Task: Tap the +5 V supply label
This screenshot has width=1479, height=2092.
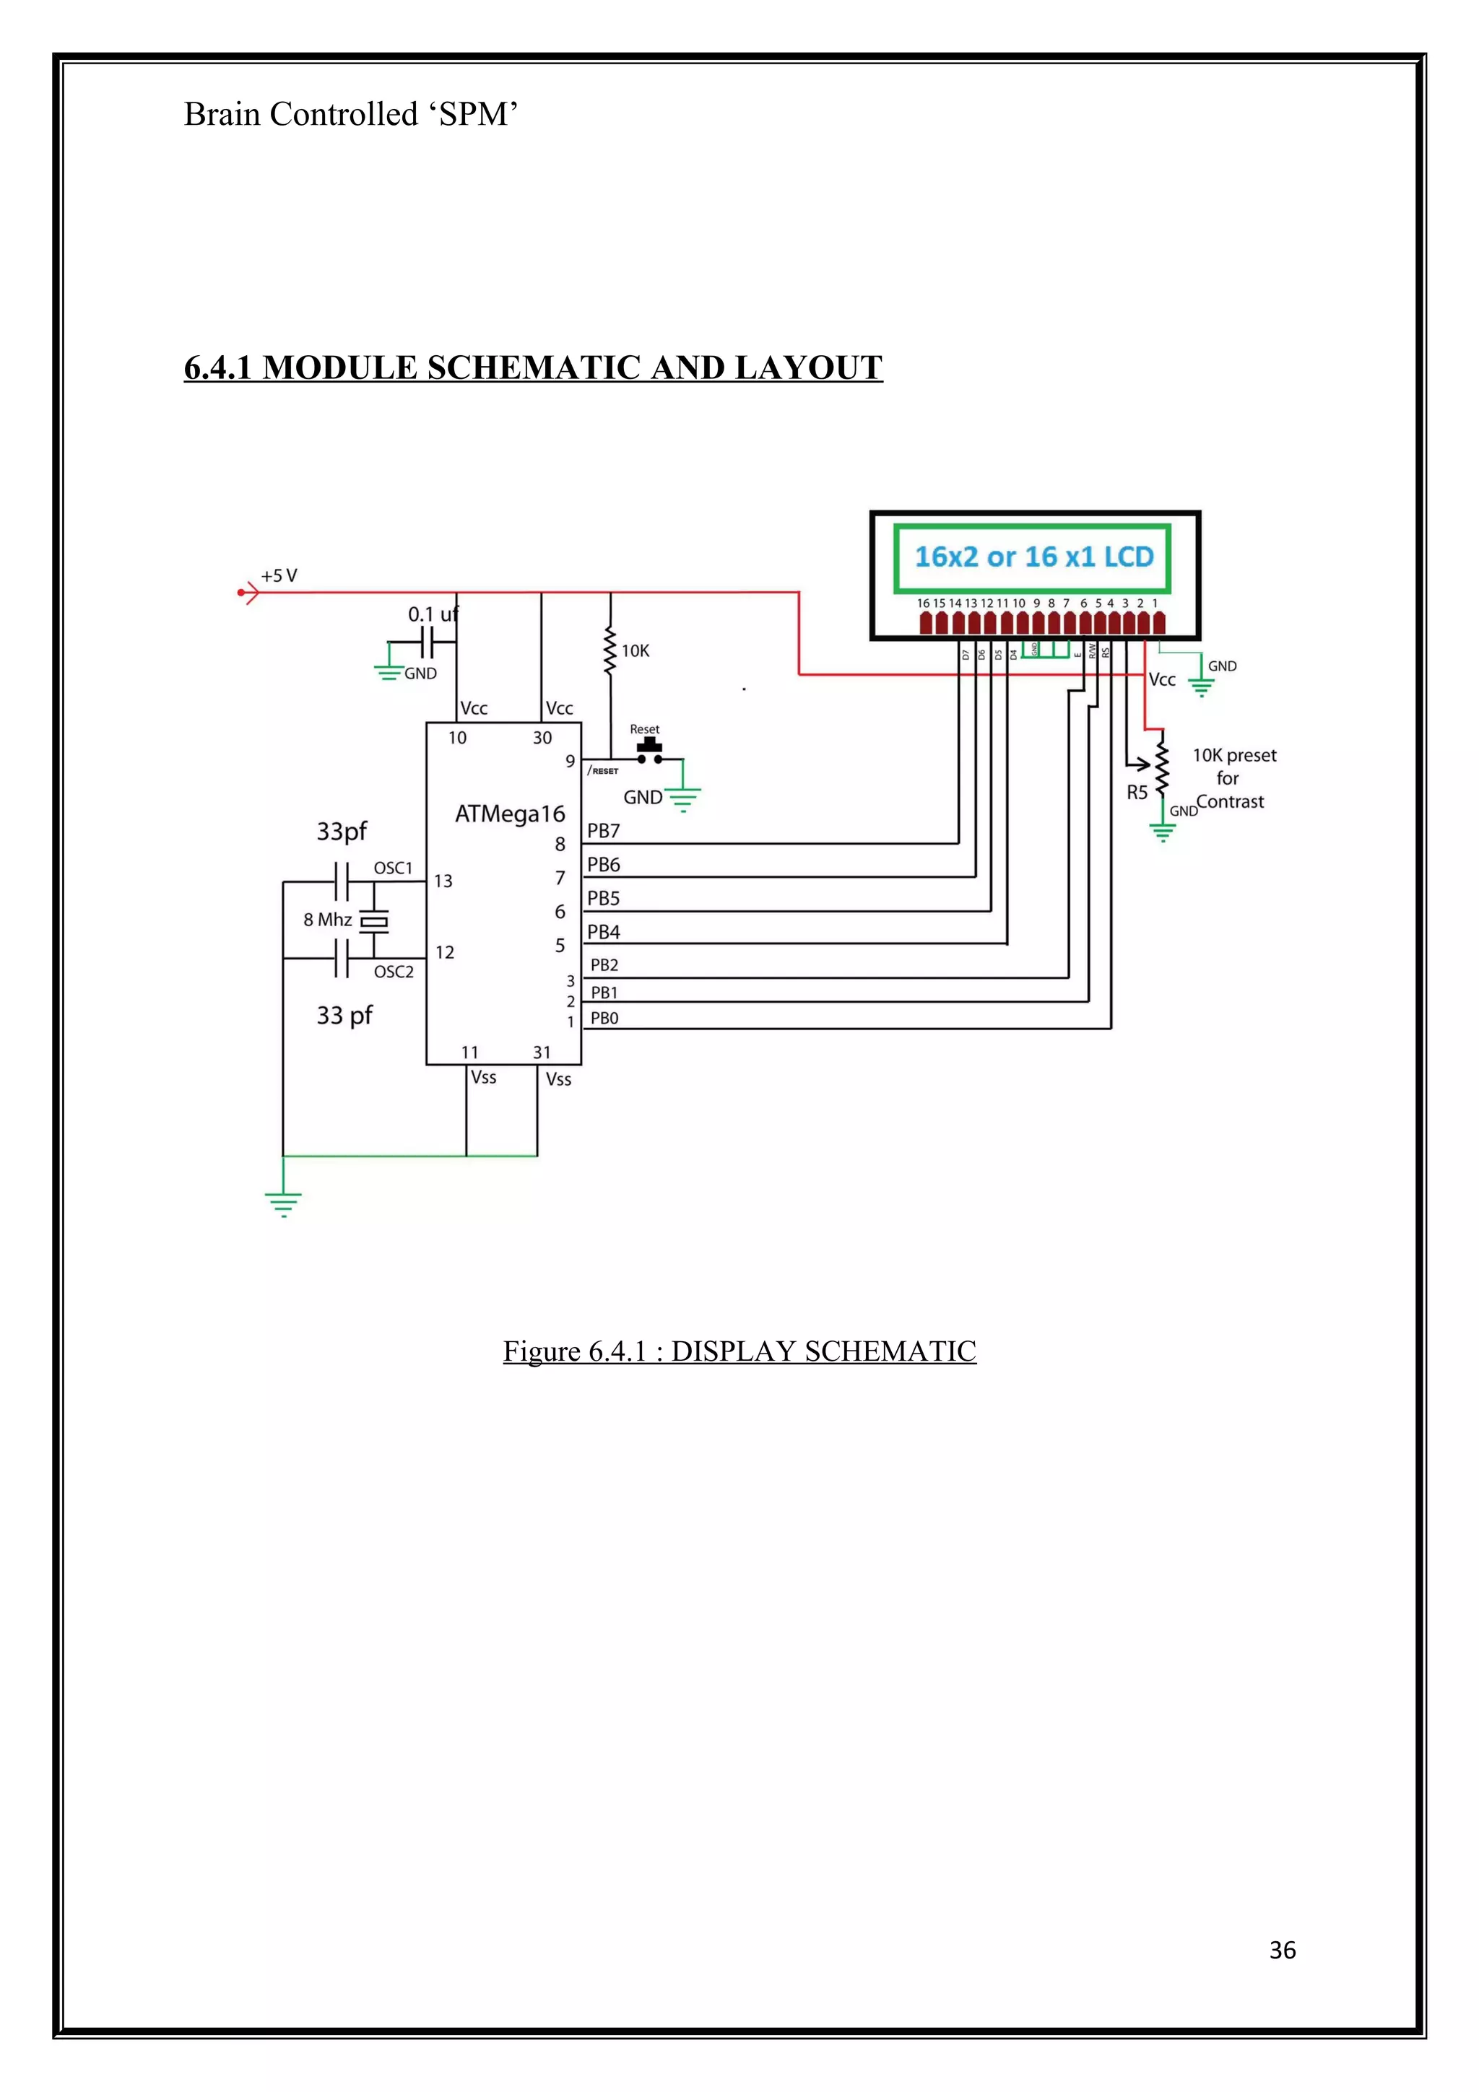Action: (x=279, y=576)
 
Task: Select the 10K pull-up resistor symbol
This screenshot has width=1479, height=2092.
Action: (x=610, y=650)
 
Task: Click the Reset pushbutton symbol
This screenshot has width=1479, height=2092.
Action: (x=649, y=751)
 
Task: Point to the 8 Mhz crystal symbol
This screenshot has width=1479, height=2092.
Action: (x=373, y=921)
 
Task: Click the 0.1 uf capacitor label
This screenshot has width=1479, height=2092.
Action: (x=432, y=614)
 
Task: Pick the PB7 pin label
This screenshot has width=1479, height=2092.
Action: (x=603, y=830)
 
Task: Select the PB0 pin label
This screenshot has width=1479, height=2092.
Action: (x=604, y=1018)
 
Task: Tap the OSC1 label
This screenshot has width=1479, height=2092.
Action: (x=393, y=868)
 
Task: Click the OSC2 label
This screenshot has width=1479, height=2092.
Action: (x=394, y=972)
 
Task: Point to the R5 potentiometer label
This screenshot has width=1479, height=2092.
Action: (x=1137, y=792)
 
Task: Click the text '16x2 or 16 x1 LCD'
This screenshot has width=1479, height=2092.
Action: (x=1033, y=557)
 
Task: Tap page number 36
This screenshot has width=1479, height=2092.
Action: (x=1281, y=1950)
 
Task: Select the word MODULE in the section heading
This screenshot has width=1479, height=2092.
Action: (x=340, y=367)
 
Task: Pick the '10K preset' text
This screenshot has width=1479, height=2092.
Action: (x=1234, y=754)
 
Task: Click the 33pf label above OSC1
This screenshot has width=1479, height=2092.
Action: (x=342, y=831)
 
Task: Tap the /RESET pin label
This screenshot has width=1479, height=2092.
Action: (x=603, y=771)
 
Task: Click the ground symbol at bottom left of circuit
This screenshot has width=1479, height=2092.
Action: (x=283, y=1203)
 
